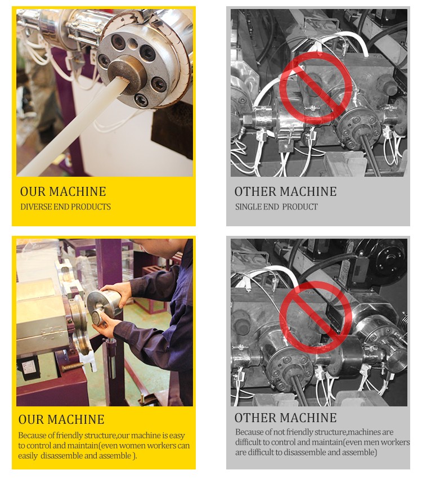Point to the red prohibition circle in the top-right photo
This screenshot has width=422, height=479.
point(316,88)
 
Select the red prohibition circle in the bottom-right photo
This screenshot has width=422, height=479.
point(316,317)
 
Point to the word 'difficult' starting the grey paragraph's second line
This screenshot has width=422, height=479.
point(248,442)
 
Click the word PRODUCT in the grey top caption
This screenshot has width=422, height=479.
point(300,207)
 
